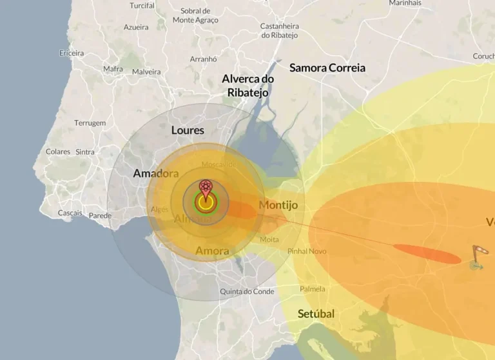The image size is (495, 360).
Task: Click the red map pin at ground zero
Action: pos(206,188)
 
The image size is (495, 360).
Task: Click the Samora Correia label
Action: pos(327,68)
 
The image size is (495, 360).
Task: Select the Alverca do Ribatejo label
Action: pos(247,85)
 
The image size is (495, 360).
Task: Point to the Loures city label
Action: pos(188,130)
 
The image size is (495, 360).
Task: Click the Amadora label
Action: pos(155,174)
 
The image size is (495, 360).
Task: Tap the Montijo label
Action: pos(278,205)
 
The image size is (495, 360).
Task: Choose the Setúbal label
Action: pos(316,314)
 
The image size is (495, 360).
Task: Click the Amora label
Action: pos(211,250)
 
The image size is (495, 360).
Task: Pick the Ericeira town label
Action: pos(72,53)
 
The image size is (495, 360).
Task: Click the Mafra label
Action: pos(113,69)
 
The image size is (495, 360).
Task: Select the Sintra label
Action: pos(85,152)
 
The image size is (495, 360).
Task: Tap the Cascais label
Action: pos(70,213)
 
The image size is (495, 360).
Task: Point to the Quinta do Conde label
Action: pos(247,292)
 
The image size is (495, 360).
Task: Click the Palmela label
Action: pos(313,289)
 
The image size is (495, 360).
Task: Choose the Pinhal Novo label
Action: pos(307,251)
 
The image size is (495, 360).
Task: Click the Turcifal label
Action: pos(142,6)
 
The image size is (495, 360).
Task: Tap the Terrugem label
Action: pos(90,123)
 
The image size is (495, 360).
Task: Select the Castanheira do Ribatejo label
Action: pos(280,31)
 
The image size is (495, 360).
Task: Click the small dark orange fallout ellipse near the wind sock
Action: pos(427,254)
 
